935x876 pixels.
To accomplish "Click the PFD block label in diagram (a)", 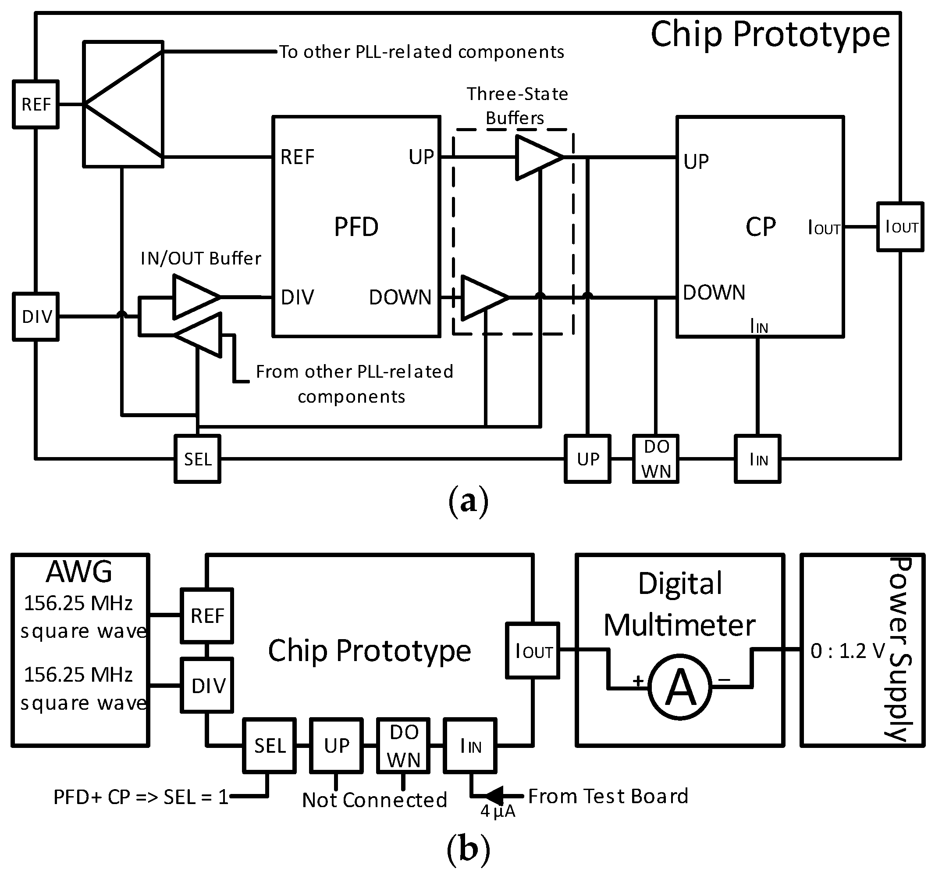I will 356,227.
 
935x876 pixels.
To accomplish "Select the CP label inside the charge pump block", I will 760,227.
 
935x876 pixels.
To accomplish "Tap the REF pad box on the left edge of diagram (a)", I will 36,104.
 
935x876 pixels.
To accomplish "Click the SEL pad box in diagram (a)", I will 198,459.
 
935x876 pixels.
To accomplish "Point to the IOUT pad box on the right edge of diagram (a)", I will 900,227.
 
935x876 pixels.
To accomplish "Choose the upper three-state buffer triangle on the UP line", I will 537,157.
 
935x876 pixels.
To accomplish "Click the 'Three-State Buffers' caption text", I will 516,106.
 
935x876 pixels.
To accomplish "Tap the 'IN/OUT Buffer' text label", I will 201,258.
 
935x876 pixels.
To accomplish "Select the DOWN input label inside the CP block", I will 714,293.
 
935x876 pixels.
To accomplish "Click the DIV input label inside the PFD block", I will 297,297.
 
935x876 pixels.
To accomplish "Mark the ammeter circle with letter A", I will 680,687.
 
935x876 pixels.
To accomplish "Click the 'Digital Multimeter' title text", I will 679,604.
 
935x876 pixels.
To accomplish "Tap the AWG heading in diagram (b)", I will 79,572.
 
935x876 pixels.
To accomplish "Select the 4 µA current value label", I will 498,811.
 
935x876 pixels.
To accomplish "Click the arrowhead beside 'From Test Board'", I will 494,796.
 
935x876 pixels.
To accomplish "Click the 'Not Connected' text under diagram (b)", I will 374,800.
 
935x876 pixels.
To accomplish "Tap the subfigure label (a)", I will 468,502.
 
